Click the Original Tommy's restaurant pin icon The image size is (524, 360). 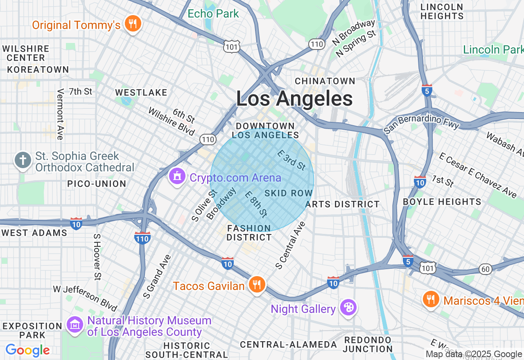point(132,24)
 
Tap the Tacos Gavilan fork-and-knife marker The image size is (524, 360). point(257,285)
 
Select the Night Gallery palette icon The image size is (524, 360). point(348,308)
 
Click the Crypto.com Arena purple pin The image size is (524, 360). point(177,177)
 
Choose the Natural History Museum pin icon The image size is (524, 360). point(75,325)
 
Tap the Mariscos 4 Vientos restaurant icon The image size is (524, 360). point(431,299)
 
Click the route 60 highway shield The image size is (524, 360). point(486,269)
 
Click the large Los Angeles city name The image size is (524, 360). point(294,99)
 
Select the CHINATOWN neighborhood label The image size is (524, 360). point(325,81)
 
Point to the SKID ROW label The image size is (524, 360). point(289,193)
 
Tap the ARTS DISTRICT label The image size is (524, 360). point(343,204)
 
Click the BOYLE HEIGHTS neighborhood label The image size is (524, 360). point(442,202)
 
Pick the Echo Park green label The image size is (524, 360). point(213,13)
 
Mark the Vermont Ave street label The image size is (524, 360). point(61,115)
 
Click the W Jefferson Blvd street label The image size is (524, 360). point(85,298)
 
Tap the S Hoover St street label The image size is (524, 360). point(97,257)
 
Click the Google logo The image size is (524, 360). point(27,350)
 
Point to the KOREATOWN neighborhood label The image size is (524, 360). point(38,70)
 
